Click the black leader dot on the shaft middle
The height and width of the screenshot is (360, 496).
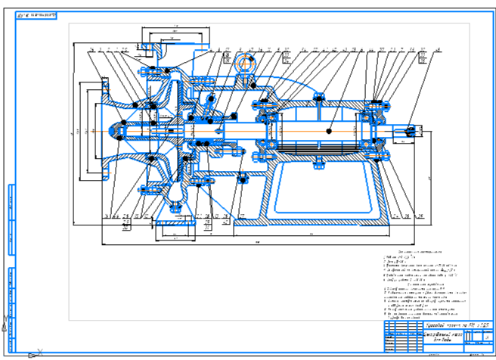330,131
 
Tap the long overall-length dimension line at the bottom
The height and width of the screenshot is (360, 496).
257,244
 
